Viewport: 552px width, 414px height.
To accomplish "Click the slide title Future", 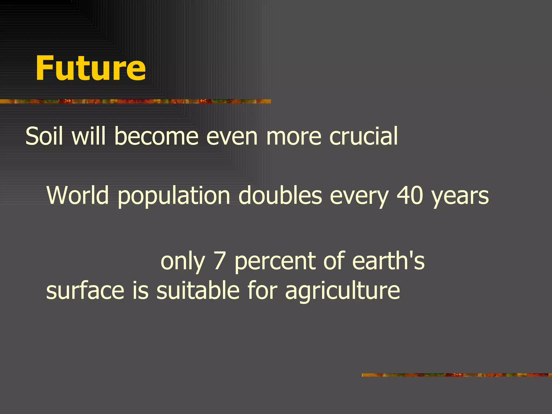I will [91, 68].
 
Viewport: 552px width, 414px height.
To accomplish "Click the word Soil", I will [44, 136].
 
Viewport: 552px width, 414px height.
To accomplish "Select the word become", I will [156, 136].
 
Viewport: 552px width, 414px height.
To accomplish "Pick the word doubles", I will [280, 195].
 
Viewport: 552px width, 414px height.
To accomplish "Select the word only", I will [183, 261].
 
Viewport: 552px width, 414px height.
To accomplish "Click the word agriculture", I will [342, 291].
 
